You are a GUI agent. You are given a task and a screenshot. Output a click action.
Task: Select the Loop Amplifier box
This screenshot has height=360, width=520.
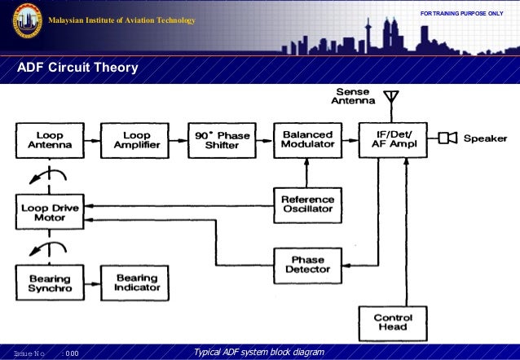pyautogui.click(x=131, y=140)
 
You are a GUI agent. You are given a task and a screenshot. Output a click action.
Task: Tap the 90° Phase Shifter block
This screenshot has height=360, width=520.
pyautogui.click(x=218, y=140)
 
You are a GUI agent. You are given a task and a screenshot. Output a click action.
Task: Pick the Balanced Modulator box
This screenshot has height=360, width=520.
pyautogui.click(x=306, y=140)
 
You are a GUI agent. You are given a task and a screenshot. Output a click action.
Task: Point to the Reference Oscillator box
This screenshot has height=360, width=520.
pyautogui.click(x=306, y=204)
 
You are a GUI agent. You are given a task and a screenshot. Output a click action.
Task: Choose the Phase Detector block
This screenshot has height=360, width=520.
pyautogui.click(x=306, y=266)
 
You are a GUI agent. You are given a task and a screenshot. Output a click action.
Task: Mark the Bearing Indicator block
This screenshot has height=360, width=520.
pyautogui.click(x=131, y=283)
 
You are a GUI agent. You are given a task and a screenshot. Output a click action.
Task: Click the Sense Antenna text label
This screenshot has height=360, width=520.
pyautogui.click(x=352, y=97)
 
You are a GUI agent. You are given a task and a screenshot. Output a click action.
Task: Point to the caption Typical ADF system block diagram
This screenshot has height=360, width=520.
pyautogui.click(x=258, y=352)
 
